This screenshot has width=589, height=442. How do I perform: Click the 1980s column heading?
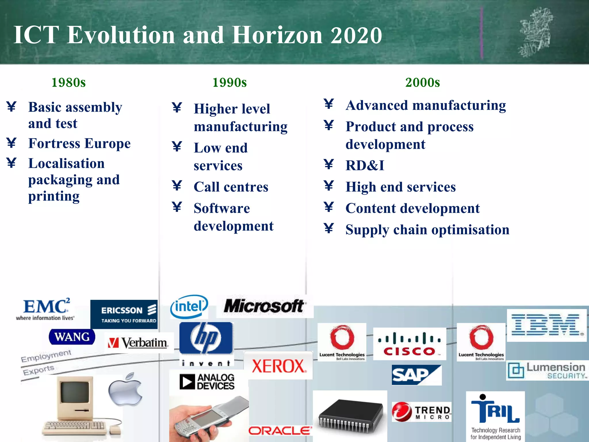point(68,82)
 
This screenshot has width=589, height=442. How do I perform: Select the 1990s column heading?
point(229,82)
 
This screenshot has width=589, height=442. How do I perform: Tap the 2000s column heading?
point(422,82)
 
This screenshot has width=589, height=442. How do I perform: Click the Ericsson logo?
point(124,314)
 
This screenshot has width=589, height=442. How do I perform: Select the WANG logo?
point(72,337)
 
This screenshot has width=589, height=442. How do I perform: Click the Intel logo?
point(189,307)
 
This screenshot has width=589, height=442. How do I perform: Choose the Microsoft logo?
point(264,306)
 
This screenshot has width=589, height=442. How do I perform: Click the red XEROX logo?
point(278,366)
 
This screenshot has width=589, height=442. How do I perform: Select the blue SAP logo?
point(416,375)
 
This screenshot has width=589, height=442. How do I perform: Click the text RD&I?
point(365,165)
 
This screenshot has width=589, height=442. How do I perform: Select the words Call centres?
point(231,187)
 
